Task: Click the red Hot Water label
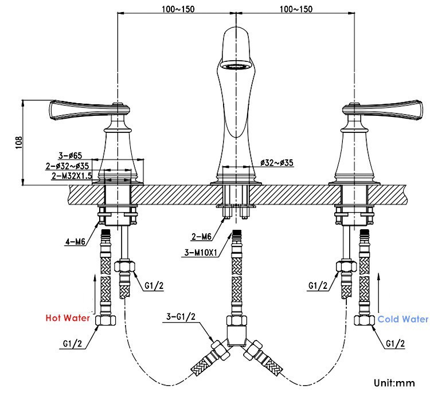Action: pyautogui.click(x=67, y=317)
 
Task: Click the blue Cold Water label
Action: pyautogui.click(x=402, y=319)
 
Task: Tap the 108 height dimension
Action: pyautogui.click(x=19, y=142)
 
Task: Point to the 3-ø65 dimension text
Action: pyautogui.click(x=71, y=155)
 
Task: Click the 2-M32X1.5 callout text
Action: pyautogui.click(x=72, y=175)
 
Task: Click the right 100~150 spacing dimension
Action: pyautogui.click(x=296, y=9)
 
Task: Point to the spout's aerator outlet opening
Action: pyautogui.click(x=236, y=66)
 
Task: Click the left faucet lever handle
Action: pyautogui.click(x=80, y=111)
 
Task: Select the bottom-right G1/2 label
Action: pyautogui.click(x=395, y=344)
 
